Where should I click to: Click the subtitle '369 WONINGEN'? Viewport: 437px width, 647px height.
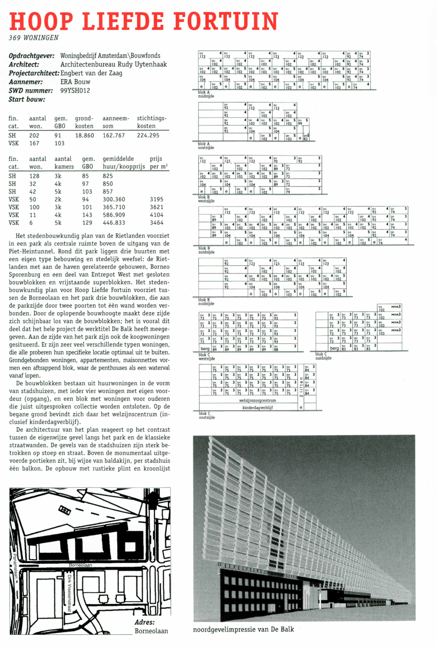click(34, 38)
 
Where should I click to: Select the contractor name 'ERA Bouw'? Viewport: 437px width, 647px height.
click(75, 82)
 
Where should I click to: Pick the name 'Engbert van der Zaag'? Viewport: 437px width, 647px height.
click(91, 73)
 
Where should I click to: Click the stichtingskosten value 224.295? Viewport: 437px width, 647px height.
click(148, 136)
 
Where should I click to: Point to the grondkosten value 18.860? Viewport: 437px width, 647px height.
click(85, 136)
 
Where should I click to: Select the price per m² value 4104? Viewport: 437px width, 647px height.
click(156, 215)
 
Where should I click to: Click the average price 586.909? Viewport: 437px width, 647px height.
click(114, 215)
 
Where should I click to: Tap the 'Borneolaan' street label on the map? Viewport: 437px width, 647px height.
click(80, 565)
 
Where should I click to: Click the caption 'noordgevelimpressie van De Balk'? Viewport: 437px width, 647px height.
click(243, 629)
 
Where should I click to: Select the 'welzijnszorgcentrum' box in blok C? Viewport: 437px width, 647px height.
click(257, 400)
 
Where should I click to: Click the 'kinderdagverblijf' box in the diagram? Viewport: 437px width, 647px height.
click(257, 407)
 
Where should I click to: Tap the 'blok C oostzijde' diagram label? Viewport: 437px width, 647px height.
click(206, 415)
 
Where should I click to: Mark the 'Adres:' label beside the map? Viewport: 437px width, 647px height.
click(144, 622)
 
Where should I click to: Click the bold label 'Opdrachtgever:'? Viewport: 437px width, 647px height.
click(32, 56)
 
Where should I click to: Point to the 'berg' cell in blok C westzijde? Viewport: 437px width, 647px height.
click(205, 349)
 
